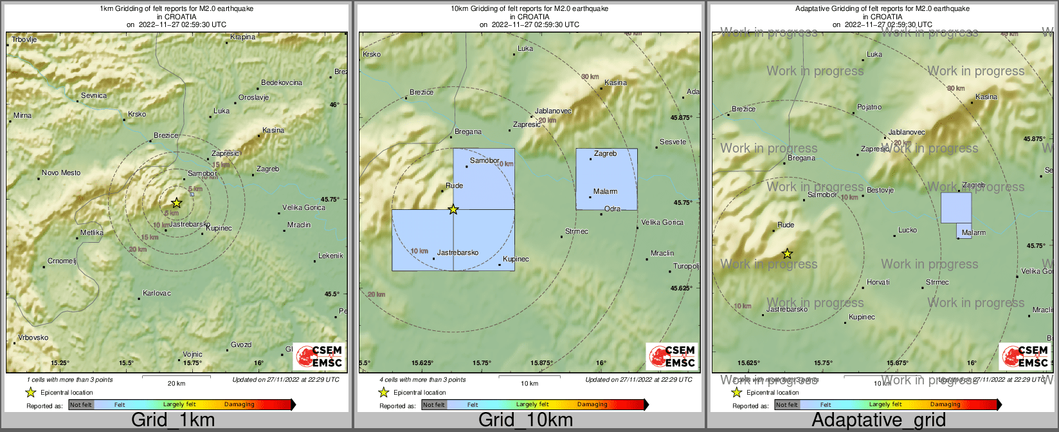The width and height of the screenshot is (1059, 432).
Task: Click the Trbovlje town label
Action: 24,40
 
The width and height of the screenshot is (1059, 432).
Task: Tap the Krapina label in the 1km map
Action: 243,37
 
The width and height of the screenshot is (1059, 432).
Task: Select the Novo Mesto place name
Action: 61,173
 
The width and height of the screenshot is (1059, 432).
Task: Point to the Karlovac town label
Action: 157,294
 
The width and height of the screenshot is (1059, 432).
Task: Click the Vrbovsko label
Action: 33,338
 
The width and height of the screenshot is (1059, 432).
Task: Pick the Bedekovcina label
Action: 282,83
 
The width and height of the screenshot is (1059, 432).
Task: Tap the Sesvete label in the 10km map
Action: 673,142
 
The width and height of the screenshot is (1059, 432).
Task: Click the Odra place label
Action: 612,209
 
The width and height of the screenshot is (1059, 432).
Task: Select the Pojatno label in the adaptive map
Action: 869,108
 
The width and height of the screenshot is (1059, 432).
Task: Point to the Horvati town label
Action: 878,283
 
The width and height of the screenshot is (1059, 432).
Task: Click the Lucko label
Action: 907,230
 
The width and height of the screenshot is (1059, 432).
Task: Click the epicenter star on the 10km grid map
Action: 453,209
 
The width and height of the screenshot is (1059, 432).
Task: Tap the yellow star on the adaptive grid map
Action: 787,254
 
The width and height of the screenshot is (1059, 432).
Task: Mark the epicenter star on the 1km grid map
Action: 177,203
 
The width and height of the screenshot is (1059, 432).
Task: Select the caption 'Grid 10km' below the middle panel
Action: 525,420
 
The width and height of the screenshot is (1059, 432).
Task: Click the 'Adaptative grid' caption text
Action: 878,420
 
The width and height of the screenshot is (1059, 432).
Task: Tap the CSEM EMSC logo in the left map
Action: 320,356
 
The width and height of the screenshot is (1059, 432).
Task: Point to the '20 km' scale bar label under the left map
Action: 176,384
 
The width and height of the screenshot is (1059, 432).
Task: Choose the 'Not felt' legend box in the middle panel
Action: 434,405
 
